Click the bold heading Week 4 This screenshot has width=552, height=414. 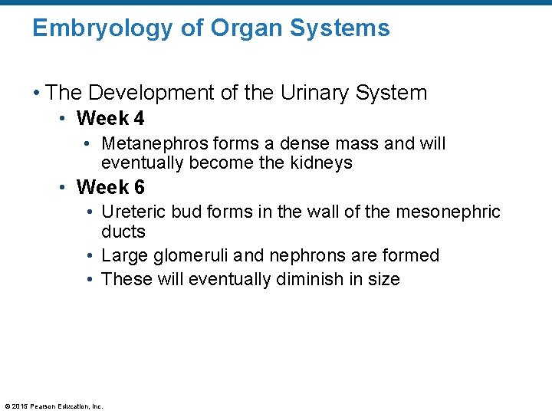tap(110, 119)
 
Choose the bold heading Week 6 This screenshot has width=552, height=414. tap(110, 187)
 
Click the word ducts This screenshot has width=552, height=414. tap(123, 231)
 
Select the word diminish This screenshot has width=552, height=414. tap(308, 279)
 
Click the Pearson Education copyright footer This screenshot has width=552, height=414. tap(54, 406)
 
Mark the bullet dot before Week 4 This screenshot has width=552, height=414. tap(67, 120)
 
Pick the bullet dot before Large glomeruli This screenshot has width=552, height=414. tap(90, 256)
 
